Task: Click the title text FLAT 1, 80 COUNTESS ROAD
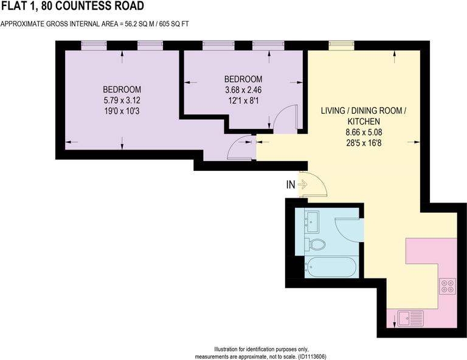click(72, 7)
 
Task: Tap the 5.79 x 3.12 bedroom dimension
click(122, 100)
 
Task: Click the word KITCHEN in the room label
click(363, 121)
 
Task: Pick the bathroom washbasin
click(312, 221)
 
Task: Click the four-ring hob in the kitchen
click(448, 285)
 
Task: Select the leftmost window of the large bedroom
click(94, 44)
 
